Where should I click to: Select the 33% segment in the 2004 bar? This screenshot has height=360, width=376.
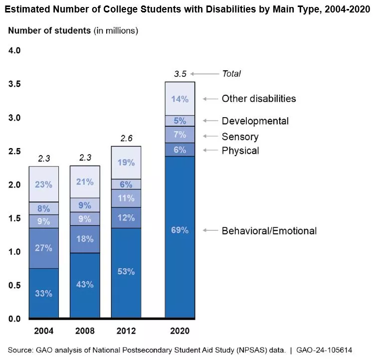44,293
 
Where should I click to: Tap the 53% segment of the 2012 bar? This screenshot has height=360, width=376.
126,272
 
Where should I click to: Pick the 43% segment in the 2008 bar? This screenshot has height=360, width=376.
85,285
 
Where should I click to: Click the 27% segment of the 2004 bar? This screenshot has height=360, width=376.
44,248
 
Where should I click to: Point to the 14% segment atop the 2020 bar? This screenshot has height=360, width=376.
180,99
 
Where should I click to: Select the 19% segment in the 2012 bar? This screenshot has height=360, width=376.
126,163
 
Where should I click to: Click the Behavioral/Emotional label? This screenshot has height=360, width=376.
269,231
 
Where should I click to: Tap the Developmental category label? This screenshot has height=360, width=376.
255,121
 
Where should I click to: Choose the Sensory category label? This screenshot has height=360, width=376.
240,137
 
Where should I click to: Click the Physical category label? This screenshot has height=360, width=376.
240,151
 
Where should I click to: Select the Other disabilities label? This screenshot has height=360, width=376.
258,99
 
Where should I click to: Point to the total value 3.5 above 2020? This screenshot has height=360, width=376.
180,74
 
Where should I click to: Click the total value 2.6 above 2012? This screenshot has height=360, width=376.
126,138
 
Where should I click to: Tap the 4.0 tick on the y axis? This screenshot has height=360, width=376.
14,51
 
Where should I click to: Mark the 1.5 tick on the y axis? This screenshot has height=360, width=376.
14,218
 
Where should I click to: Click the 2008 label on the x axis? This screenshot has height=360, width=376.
85,331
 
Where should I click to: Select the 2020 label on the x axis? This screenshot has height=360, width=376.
180,331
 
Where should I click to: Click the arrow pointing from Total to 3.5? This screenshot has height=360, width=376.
204,74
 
